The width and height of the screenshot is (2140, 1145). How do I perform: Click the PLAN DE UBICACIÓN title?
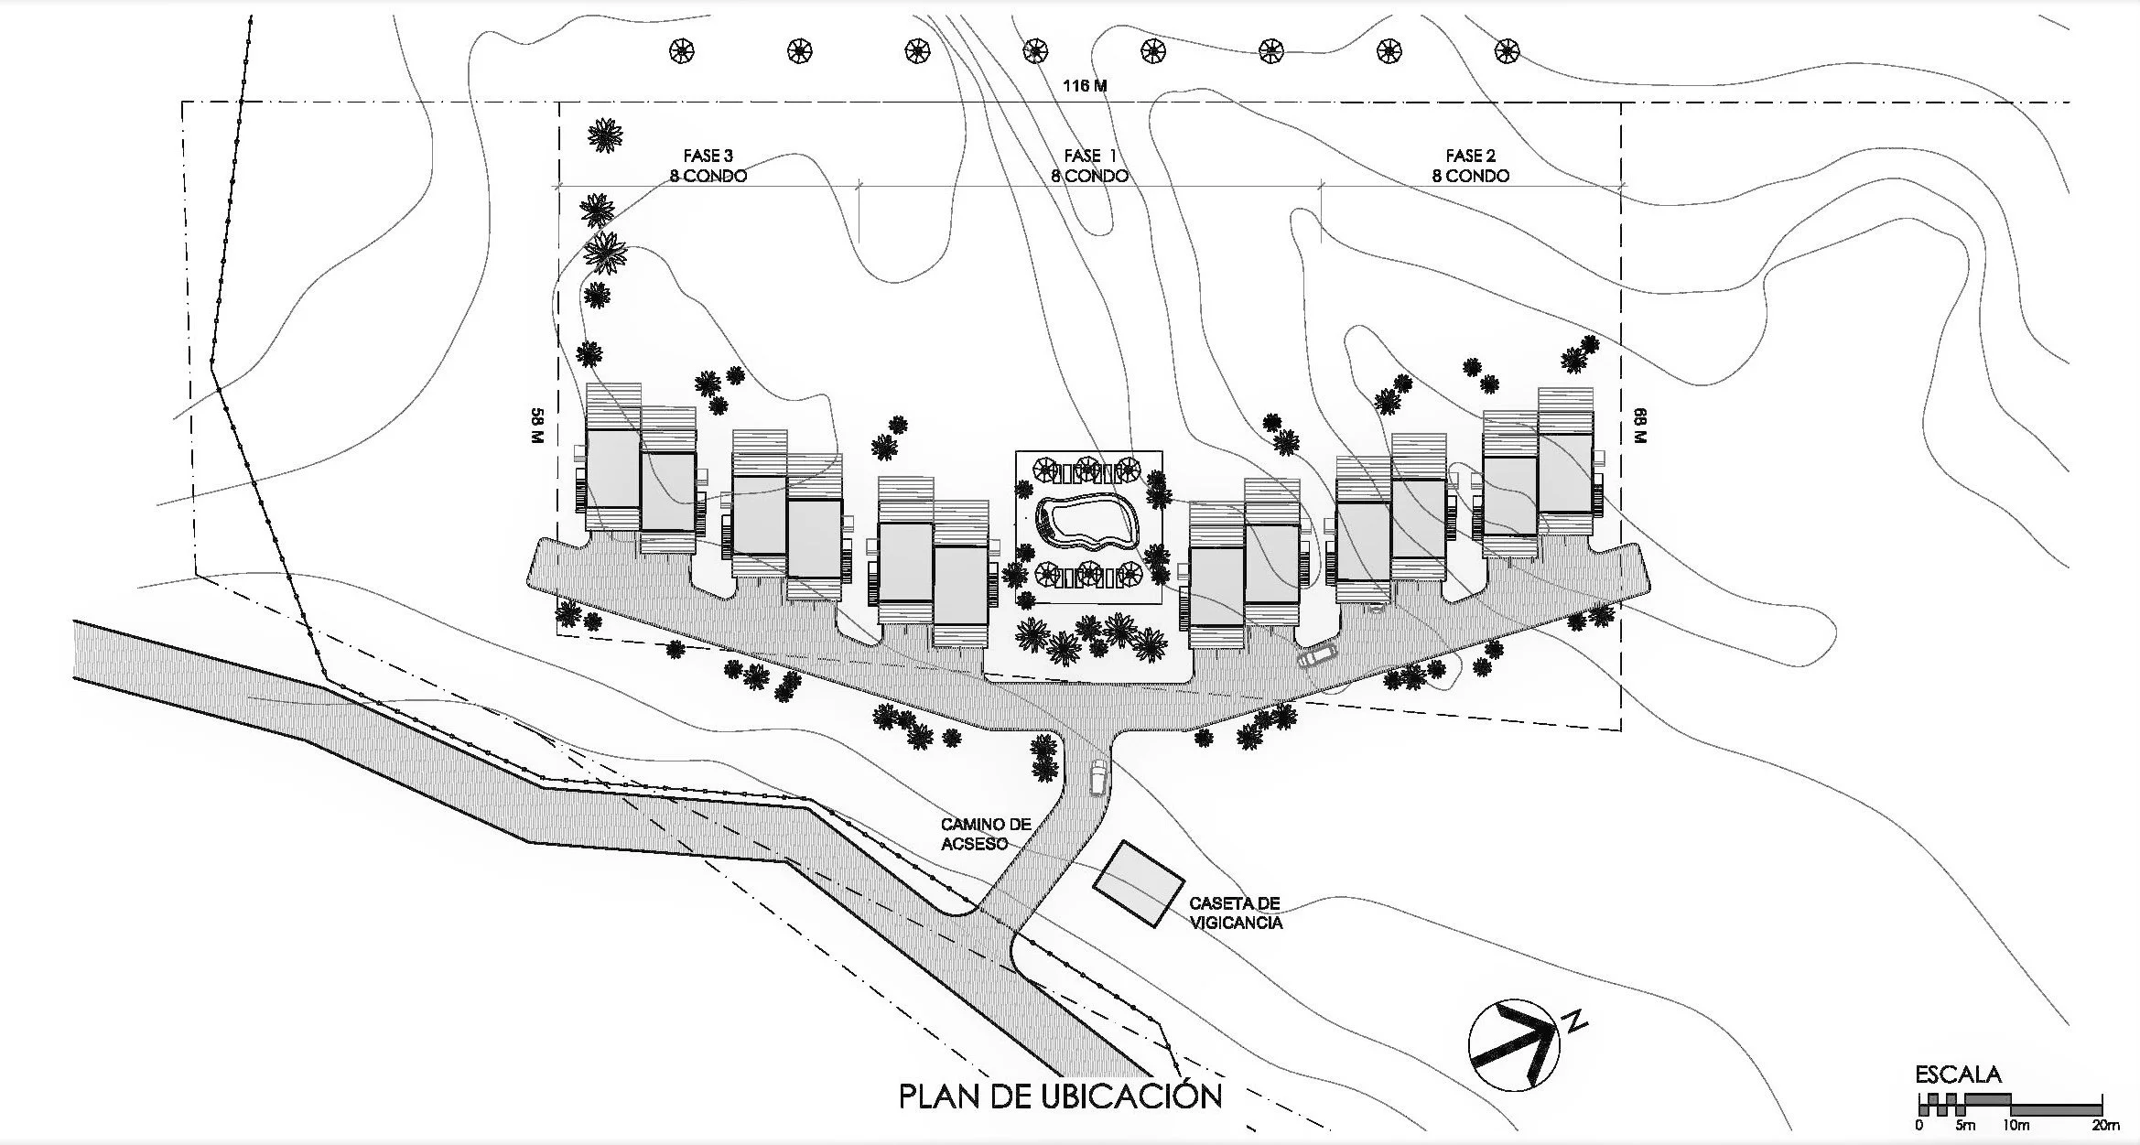1060,1096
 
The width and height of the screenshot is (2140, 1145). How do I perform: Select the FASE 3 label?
708,156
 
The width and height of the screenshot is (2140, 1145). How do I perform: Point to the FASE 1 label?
1089,156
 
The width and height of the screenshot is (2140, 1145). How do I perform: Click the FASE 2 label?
1471,156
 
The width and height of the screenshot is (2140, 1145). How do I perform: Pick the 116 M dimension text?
1085,86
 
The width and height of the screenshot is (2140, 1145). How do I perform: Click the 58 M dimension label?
537,426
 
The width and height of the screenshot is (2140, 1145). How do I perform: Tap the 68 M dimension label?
1638,426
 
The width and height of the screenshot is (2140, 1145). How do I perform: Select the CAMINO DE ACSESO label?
986,834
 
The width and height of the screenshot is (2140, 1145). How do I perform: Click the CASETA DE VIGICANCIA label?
1235,913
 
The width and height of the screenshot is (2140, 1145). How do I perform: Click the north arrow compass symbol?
1514,1044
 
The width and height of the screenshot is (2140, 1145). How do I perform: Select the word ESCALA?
1958,1075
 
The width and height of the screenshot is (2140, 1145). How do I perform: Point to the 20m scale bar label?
2105,1125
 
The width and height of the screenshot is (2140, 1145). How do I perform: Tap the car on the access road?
1098,776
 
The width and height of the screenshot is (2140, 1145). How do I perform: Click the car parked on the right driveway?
1316,656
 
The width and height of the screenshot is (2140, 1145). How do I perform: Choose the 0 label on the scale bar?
1918,1125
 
